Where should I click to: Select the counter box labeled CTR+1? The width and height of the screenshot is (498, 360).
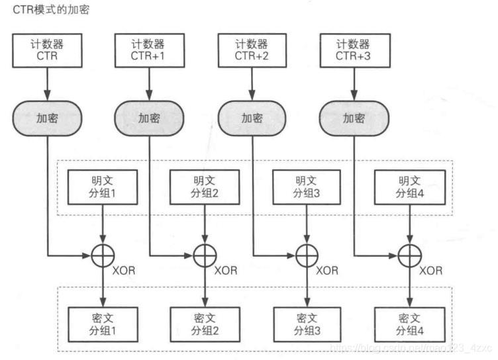(x=149, y=51)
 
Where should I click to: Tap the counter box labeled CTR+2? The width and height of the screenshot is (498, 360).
(x=252, y=51)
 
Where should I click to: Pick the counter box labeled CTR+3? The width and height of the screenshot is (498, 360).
(x=353, y=51)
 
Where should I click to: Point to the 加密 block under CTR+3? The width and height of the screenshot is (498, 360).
(x=353, y=118)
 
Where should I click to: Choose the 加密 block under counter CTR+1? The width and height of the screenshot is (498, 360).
(x=149, y=118)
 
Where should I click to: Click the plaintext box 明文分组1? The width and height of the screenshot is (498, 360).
(x=103, y=187)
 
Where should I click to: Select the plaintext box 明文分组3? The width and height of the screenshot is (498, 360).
(x=306, y=187)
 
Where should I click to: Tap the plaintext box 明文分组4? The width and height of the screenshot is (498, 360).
(x=408, y=187)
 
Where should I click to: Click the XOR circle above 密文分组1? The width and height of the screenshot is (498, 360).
(x=103, y=255)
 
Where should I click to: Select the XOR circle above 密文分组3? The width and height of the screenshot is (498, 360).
(x=306, y=255)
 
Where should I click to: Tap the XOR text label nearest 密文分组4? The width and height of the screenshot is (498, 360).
(x=431, y=270)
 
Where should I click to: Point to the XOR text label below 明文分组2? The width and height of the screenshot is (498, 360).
(x=226, y=270)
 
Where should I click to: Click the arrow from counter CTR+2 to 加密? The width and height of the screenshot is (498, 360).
(x=252, y=84)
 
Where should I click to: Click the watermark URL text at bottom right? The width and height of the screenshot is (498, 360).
(x=411, y=347)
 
